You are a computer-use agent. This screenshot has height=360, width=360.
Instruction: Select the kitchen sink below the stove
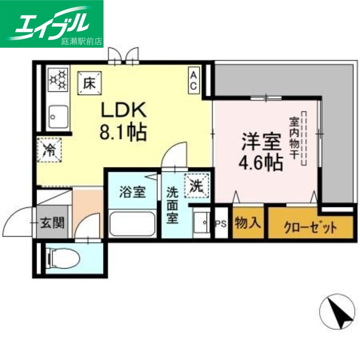click(x=58, y=115)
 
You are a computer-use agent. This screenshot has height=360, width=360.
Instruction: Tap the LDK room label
click(x=122, y=109)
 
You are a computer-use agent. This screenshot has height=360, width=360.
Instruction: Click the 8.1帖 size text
click(x=122, y=132)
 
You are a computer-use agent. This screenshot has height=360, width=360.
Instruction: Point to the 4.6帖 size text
click(x=261, y=162)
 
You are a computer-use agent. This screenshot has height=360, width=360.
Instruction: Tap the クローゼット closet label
click(x=310, y=228)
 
